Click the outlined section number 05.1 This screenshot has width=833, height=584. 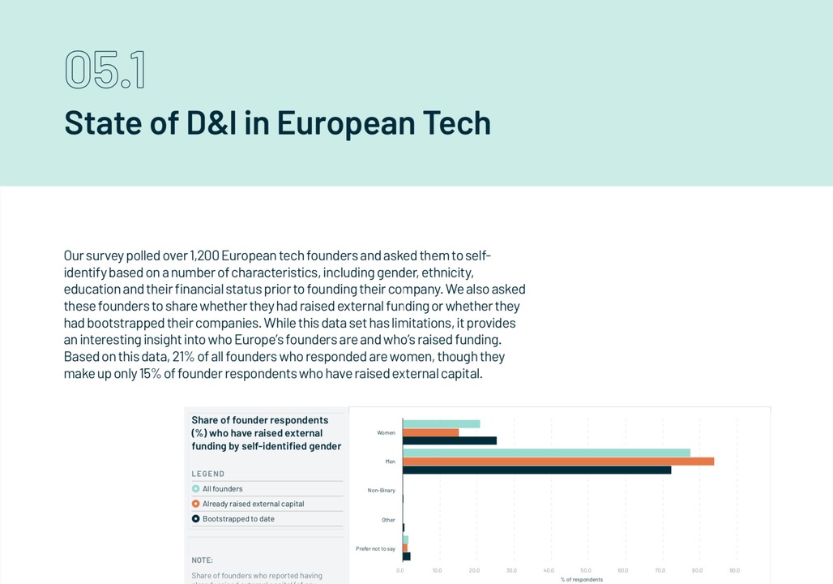tap(105, 71)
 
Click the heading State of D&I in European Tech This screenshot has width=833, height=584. tap(277, 123)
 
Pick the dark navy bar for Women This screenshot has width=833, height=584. tap(449, 440)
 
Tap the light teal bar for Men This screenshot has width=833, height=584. tap(546, 453)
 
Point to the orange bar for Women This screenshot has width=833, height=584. tap(430, 432)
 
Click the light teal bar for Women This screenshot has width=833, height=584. tap(441, 423)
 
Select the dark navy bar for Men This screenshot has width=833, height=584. tap(536, 470)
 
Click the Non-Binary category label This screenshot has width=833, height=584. tap(381, 491)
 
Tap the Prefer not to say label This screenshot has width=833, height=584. tap(375, 549)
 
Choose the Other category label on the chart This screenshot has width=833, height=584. tap(388, 520)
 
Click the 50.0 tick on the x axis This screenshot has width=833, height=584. tap(586, 570)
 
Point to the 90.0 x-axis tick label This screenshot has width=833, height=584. tap(734, 570)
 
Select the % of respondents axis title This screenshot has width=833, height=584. tap(581, 579)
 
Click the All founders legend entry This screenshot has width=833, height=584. tap(222, 489)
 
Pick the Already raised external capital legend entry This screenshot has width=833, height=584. tap(253, 504)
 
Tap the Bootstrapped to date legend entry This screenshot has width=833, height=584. tap(238, 519)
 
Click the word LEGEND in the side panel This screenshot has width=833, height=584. tap(208, 474)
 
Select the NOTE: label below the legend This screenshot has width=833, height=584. tap(203, 560)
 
